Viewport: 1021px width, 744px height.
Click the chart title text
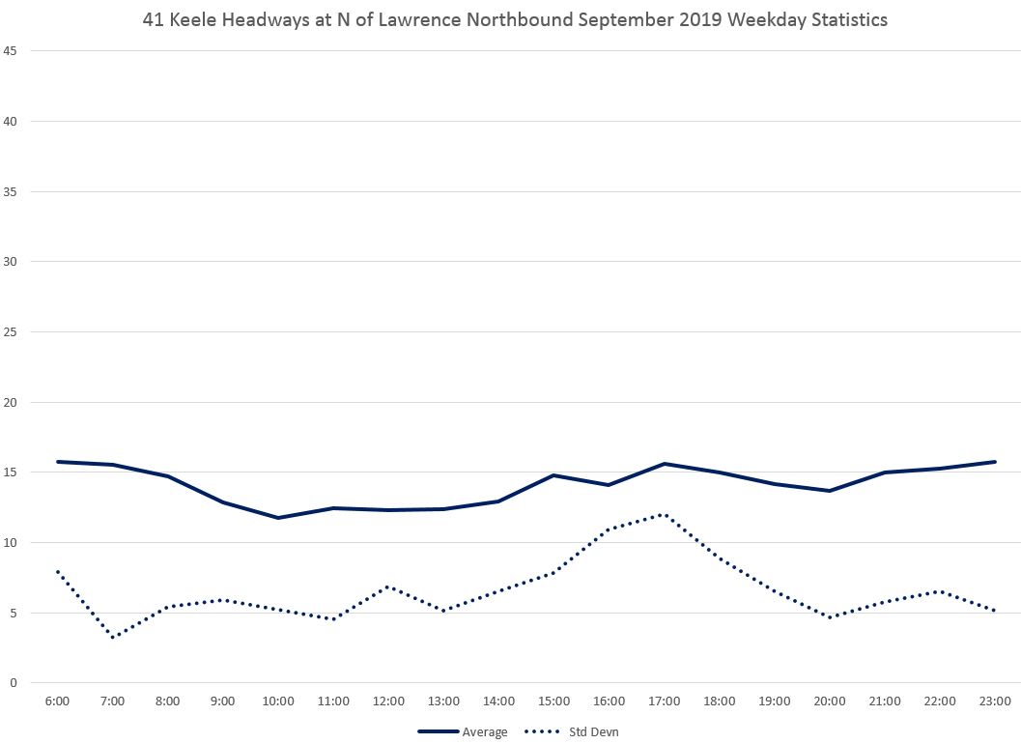[515, 17]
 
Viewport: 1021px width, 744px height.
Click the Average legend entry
[463, 731]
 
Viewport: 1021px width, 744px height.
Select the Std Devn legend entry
[572, 731]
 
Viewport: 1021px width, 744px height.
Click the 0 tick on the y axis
[14, 683]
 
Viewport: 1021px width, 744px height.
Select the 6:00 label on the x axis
[57, 701]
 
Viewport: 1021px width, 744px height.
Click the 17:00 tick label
[665, 701]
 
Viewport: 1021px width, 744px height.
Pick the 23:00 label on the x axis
[995, 701]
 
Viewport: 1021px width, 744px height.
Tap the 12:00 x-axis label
[388, 701]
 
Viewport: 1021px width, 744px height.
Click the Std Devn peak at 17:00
[665, 514]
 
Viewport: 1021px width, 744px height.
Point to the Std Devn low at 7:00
[113, 637]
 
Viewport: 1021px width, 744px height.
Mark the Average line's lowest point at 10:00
[278, 518]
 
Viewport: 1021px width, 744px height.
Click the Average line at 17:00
[665, 464]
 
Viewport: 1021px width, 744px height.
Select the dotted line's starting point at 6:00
[58, 572]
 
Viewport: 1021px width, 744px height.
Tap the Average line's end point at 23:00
[995, 462]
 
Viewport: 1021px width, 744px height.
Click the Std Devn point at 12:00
[388, 587]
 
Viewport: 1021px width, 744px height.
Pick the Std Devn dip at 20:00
[830, 617]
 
